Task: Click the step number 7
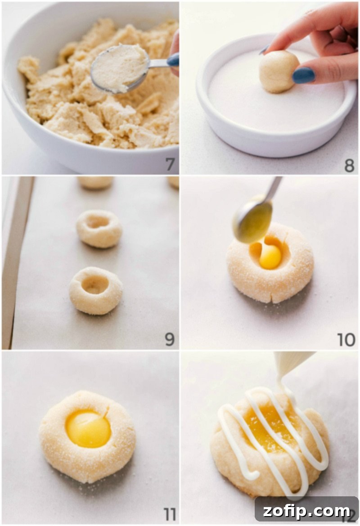pos(170,165)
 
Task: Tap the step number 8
pos(349,165)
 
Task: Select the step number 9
pos(169,339)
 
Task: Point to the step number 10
pos(346,340)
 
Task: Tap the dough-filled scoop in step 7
pos(120,68)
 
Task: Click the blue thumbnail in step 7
pos(173,60)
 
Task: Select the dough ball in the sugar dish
pos(278,71)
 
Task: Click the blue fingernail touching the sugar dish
pos(303,75)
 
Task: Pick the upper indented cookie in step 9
pos(99,229)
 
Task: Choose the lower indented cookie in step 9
pos(95,290)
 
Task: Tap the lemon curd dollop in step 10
pos(270,256)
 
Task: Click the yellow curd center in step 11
pos(88,429)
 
